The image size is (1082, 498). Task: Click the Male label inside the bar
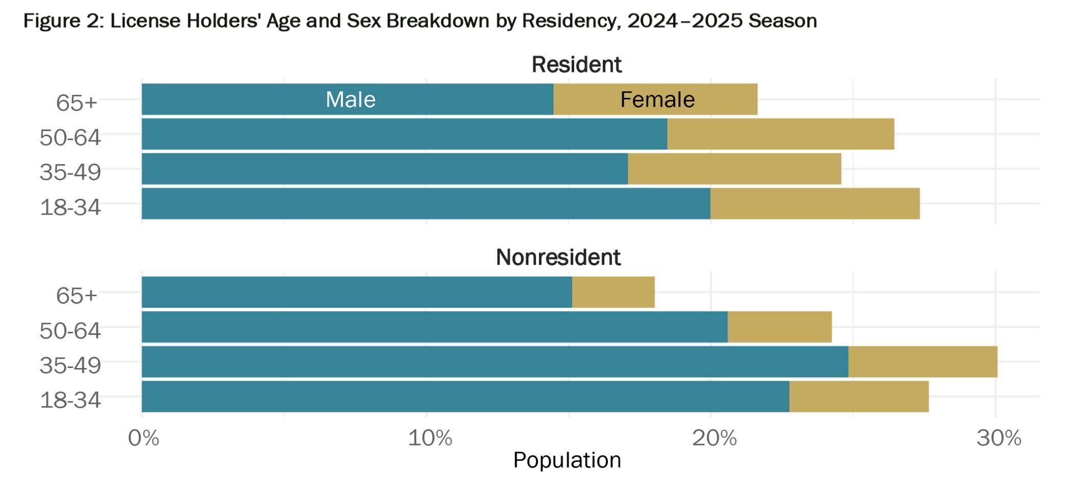[351, 99]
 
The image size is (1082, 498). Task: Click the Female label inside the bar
[657, 99]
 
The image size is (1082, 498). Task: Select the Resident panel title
[576, 65]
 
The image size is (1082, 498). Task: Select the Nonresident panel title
[558, 257]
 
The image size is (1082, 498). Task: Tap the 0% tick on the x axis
[143, 438]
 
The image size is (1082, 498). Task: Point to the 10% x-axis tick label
[430, 438]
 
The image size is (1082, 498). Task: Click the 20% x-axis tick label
[714, 438]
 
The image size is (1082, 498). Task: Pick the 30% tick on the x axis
[998, 438]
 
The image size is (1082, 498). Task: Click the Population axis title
[567, 460]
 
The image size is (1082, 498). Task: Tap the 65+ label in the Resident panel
[76, 102]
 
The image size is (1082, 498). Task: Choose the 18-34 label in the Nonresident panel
[70, 400]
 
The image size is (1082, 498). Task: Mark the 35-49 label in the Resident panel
[70, 172]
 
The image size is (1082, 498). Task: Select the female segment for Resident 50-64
[780, 134]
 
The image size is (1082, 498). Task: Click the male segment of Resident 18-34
[426, 204]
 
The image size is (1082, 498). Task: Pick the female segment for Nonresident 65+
[613, 292]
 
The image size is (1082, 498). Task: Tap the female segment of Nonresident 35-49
[922, 362]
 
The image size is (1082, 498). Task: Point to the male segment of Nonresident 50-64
[434, 327]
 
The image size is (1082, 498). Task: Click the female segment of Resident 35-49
[734, 169]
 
